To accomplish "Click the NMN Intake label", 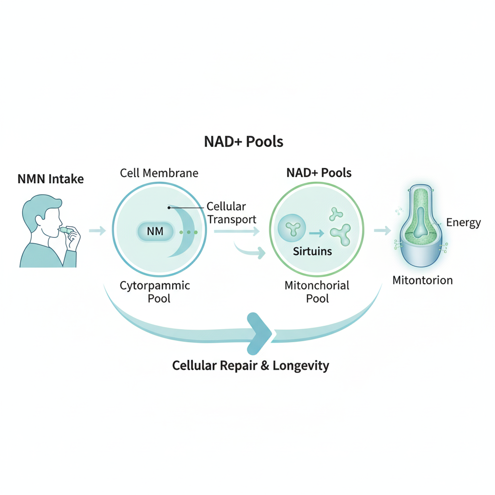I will [x=50, y=179].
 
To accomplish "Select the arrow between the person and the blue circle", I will [x=97, y=231].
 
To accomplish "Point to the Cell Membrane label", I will [x=159, y=173].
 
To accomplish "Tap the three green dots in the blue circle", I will [x=189, y=233].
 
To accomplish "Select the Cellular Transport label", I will [x=231, y=213].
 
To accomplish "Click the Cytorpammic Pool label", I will [x=155, y=291].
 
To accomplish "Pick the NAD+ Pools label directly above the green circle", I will [x=319, y=173].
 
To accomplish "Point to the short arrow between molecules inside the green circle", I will [x=316, y=233].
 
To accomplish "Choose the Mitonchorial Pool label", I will [x=317, y=291].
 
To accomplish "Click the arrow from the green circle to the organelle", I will [x=382, y=231].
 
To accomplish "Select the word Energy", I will [x=463, y=223].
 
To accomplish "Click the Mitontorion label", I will [x=422, y=280].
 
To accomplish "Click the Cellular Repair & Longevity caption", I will [x=250, y=365].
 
